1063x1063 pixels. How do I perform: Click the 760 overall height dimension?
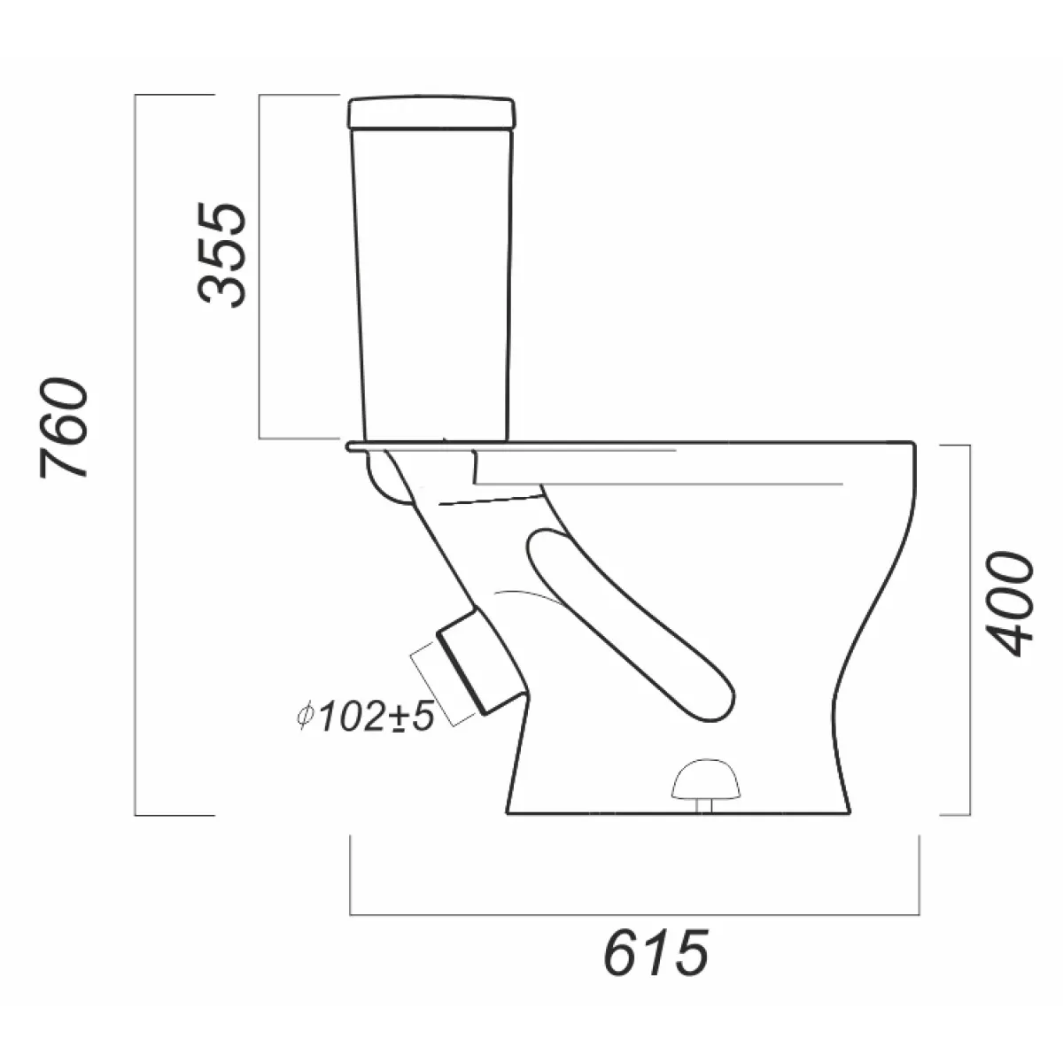[x=64, y=428]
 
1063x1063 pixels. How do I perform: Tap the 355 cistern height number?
[x=221, y=254]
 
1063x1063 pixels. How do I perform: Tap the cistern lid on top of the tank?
[x=431, y=113]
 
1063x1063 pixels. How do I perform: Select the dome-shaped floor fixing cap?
[x=705, y=780]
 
